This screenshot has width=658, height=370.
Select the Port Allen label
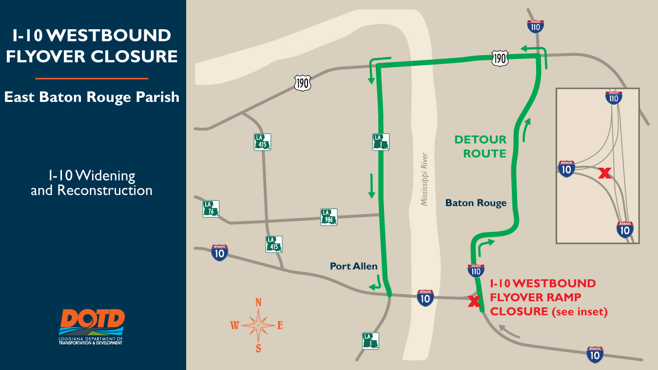tap(354, 266)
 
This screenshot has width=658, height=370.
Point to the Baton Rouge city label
tap(476, 203)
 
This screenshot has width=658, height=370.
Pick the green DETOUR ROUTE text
tap(480, 147)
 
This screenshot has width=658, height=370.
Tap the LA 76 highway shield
tap(211, 209)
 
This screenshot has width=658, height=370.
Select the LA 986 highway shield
tap(329, 217)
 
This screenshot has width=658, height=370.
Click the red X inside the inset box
tap(604, 173)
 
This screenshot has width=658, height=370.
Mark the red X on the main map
tap(473, 302)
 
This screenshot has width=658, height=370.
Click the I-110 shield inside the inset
tap(614, 97)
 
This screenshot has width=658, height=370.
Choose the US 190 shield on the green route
tap(500, 58)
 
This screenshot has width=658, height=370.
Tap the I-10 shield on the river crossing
tap(426, 298)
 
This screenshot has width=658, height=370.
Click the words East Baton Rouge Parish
tap(92, 97)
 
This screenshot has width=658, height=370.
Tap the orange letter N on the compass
tap(258, 303)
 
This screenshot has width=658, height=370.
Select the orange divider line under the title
tap(92, 78)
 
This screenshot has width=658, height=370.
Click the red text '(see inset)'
tap(580, 312)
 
